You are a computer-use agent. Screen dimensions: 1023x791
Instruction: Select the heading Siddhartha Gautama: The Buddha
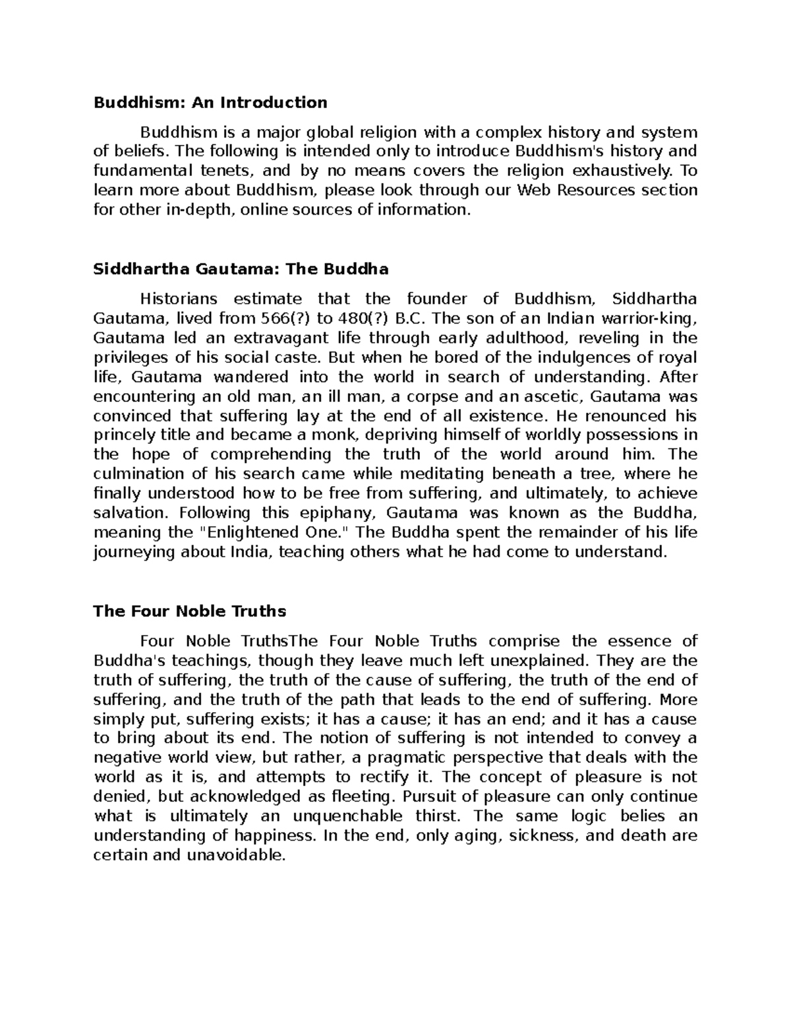coord(241,269)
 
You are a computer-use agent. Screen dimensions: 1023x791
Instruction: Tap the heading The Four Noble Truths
coord(190,611)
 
